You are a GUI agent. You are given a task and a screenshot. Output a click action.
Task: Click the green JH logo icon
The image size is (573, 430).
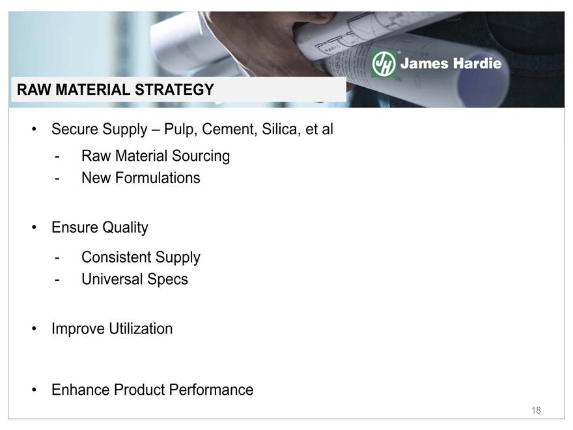pos(384,64)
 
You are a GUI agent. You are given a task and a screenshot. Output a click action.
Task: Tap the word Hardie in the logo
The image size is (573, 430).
pos(477,63)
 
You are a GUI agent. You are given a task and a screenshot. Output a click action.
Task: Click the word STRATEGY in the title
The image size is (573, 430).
pos(175,90)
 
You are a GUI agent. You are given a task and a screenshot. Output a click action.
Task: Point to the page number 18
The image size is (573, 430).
pos(536,410)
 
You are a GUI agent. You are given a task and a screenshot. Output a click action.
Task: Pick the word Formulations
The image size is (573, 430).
pos(158,178)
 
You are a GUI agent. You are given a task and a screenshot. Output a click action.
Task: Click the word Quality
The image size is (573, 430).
pos(125,228)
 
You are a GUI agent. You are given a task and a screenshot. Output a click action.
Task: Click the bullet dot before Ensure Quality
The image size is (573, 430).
pos(34,227)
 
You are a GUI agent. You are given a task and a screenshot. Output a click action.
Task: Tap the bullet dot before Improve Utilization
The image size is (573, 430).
pos(34,329)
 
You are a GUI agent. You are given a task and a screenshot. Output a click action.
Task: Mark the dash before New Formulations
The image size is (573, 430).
pos(57,179)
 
